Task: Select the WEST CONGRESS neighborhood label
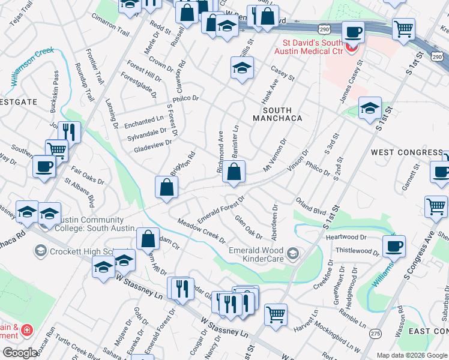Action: pyautogui.click(x=406, y=152)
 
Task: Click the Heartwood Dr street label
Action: pyautogui.click(x=346, y=238)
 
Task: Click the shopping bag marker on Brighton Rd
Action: pyautogui.click(x=166, y=188)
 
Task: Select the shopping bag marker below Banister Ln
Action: pyautogui.click(x=234, y=173)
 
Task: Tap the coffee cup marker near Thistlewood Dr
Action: pyautogui.click(x=394, y=246)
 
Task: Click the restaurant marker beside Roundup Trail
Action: pyautogui.click(x=71, y=132)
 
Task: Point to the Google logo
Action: pyautogui.click(x=20, y=353)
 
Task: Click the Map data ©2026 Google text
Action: pyautogui.click(x=412, y=355)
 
